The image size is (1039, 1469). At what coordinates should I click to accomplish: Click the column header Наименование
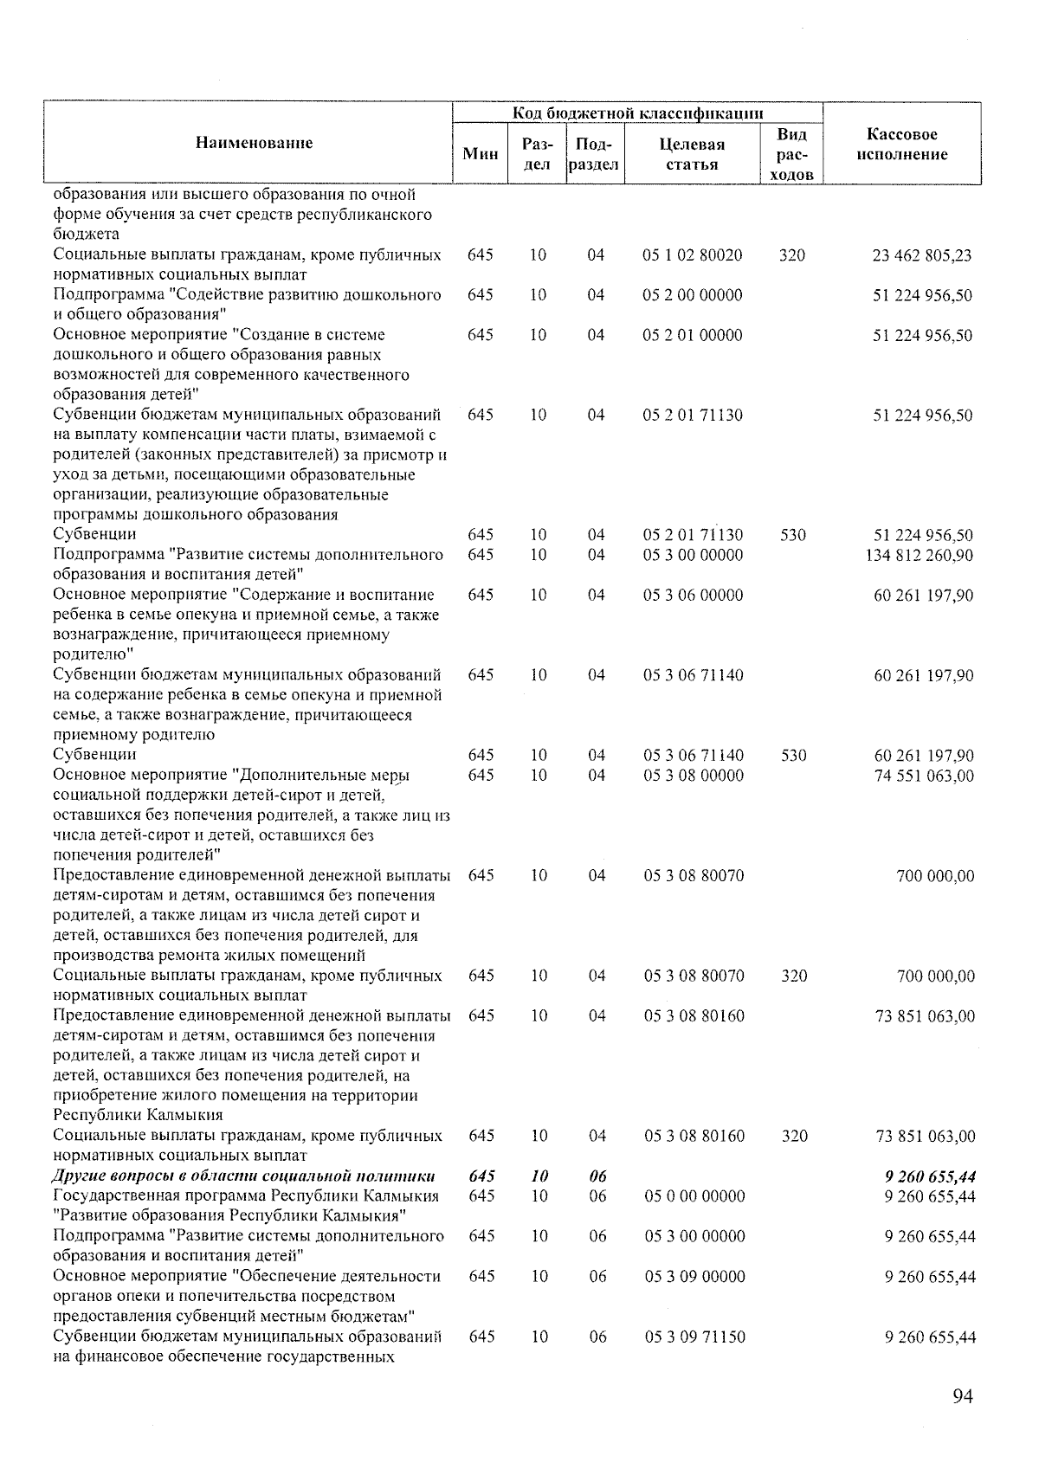[x=254, y=143]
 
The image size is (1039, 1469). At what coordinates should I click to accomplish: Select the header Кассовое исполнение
[x=901, y=145]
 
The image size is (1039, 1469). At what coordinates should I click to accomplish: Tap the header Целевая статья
[x=692, y=154]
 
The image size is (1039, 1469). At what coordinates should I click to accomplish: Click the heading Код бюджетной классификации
[x=638, y=113]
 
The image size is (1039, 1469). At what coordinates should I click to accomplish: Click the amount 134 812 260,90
[x=919, y=555]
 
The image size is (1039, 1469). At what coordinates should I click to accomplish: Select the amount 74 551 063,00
[x=923, y=776]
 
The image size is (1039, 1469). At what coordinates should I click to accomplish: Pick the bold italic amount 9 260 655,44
[x=930, y=1176]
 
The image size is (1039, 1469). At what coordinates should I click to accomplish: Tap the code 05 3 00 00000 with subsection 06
[x=694, y=1236]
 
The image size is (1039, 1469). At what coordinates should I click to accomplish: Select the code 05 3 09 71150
[x=694, y=1337]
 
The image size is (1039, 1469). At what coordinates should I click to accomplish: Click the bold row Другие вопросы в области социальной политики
[x=244, y=1176]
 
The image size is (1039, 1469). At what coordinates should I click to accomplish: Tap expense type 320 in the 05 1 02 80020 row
[x=791, y=255]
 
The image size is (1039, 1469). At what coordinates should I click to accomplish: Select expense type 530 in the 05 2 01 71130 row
[x=792, y=535]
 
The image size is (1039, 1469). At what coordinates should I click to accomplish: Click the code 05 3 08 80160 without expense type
[x=694, y=1015]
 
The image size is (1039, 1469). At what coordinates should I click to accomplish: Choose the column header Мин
[x=481, y=154]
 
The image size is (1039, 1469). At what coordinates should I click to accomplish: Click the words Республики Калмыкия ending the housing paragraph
[x=139, y=1115]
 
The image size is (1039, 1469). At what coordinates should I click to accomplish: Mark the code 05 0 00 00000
[x=694, y=1196]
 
